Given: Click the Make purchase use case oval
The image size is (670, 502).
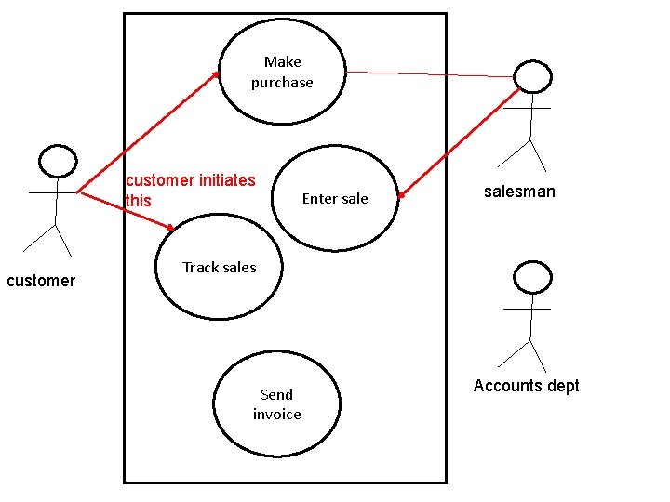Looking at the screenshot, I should tap(282, 73).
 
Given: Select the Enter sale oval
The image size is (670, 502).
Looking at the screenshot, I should tap(335, 198).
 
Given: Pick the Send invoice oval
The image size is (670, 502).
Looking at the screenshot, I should tap(276, 404).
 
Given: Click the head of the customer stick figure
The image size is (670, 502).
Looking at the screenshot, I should tap(57, 161).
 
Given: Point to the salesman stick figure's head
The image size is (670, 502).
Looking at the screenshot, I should tap(532, 77).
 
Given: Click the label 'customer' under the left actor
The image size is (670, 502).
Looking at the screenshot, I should tap(41, 281).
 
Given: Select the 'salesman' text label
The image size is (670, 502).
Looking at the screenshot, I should tap(519, 192).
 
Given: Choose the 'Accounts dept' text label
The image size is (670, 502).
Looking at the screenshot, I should tap(526, 386).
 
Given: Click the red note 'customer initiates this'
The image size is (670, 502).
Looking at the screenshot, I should tap(190, 190).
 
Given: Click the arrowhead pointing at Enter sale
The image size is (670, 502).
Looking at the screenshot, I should tap(402, 194).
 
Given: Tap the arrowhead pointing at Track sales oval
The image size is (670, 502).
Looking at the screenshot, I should tap(169, 227).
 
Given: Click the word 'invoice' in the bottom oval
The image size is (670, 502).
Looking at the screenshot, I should tap(276, 415).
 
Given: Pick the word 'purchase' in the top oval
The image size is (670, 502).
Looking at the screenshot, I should tap(282, 83).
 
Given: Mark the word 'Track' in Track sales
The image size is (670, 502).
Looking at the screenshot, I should tap(200, 268).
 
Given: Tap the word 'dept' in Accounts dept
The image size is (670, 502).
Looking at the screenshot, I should tap(561, 386).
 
